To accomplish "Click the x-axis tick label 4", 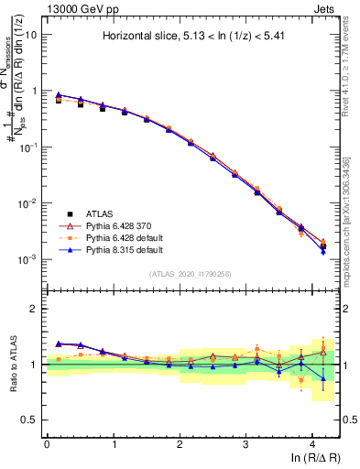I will [x=312, y=444].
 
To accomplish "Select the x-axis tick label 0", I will [x=47, y=444].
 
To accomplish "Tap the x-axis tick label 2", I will [x=180, y=444].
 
